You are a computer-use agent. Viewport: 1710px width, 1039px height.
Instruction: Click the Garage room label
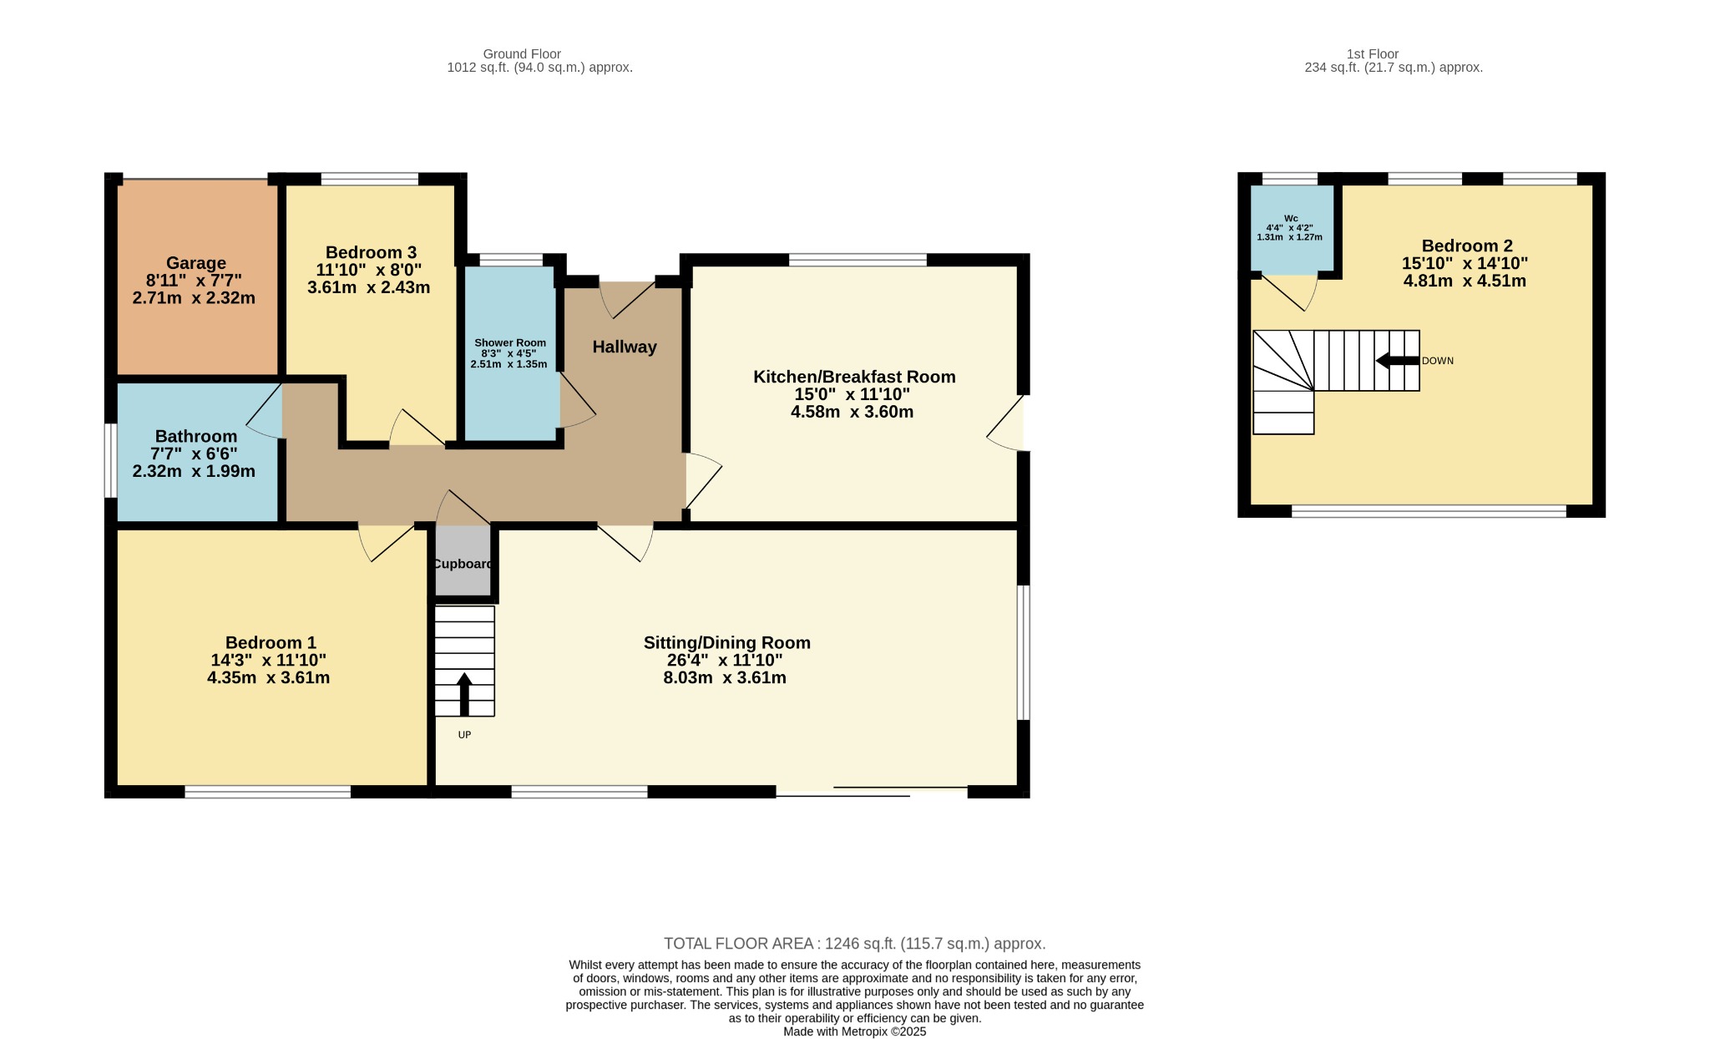(x=196, y=263)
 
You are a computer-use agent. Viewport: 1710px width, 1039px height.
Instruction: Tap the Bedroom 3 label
(x=371, y=252)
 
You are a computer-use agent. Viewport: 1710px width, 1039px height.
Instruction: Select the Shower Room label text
(x=510, y=342)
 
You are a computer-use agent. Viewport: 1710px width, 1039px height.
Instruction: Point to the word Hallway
(x=625, y=347)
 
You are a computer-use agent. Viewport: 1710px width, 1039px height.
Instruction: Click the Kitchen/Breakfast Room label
(x=854, y=377)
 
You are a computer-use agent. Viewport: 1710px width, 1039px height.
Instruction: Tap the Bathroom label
(x=196, y=436)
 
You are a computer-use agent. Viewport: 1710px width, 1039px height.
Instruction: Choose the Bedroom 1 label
(x=271, y=642)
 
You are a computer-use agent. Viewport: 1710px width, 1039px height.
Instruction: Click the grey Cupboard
(x=463, y=560)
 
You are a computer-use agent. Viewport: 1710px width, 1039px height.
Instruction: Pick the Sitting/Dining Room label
(x=726, y=642)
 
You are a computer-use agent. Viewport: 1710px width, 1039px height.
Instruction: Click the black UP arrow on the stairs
(x=464, y=694)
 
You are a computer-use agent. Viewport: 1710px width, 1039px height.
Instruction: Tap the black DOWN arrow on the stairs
(x=1397, y=361)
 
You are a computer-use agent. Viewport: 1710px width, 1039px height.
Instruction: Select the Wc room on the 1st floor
(x=1292, y=228)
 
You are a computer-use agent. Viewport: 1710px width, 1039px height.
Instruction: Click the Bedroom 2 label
(x=1467, y=246)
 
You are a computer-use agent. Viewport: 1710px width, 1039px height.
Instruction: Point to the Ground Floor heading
(x=522, y=54)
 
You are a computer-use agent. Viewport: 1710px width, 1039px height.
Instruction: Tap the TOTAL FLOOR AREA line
(x=854, y=944)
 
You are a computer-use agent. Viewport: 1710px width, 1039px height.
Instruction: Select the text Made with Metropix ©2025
(x=854, y=1031)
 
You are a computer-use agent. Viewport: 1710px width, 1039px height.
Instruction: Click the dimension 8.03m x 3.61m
(x=725, y=677)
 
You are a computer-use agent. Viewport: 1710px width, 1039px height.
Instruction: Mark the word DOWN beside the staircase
(x=1438, y=361)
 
